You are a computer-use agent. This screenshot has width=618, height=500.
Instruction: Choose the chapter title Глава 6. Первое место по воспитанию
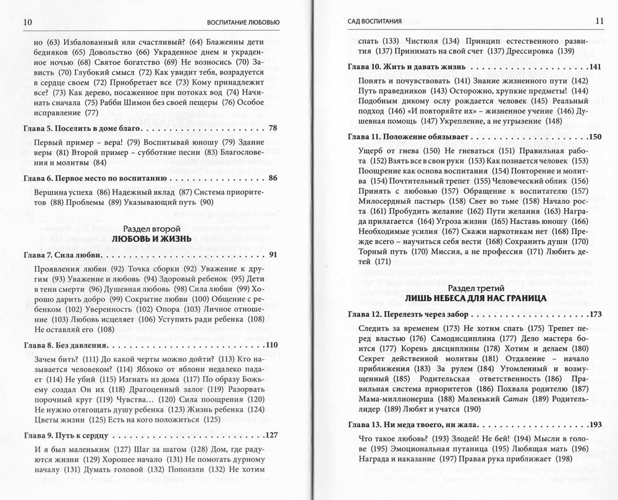pos(95,178)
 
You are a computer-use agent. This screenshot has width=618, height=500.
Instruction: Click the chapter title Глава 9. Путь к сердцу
pos(69,433)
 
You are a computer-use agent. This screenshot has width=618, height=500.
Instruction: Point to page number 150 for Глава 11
pos(595,136)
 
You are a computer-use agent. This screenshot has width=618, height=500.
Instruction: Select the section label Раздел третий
pos(475,288)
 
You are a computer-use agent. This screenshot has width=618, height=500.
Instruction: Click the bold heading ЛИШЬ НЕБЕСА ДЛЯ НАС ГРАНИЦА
pos(475,299)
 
